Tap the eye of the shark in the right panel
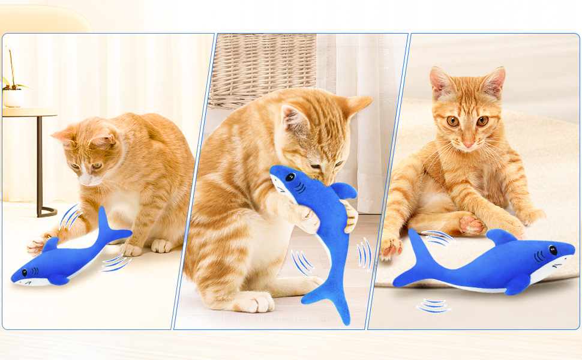553,250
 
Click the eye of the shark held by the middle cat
290,178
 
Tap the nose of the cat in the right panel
467,144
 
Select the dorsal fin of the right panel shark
500,236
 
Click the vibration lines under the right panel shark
434,306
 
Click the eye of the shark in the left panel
25,272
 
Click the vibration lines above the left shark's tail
70,217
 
